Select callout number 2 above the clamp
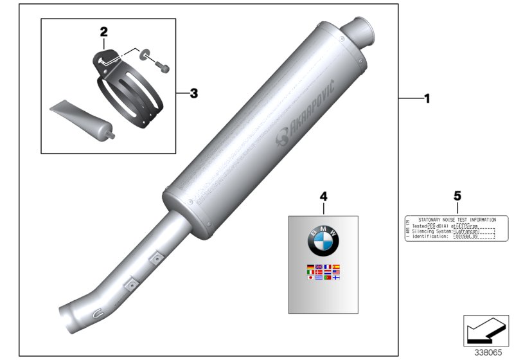click(103, 31)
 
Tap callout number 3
click(193, 94)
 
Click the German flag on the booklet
click(311, 267)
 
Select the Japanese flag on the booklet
click(311, 278)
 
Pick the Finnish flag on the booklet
click(335, 278)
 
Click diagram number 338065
click(489, 352)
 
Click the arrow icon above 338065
click(481, 330)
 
